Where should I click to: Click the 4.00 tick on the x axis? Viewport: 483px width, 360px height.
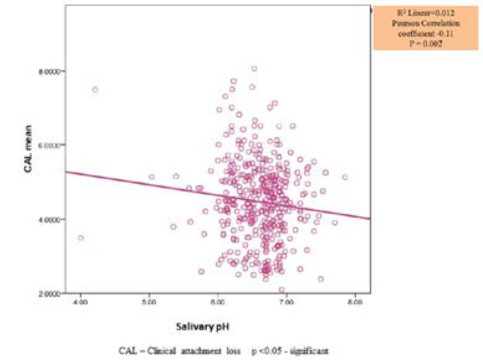[80, 302]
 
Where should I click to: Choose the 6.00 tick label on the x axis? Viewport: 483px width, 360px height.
[218, 302]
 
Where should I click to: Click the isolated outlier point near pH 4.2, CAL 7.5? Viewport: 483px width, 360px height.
[95, 89]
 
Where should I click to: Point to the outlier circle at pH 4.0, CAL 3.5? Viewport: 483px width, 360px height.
[80, 237]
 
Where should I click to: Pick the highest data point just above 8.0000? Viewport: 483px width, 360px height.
[254, 68]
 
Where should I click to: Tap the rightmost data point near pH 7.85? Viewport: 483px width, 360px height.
[345, 177]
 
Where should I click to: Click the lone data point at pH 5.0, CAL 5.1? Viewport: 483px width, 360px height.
[151, 177]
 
